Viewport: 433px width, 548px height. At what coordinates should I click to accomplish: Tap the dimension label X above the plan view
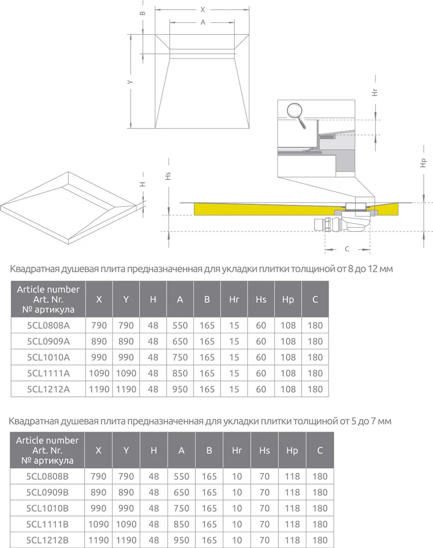click(x=203, y=9)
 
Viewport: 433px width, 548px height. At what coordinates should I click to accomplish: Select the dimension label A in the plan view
click(x=203, y=22)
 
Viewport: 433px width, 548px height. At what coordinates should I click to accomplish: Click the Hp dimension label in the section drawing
click(x=422, y=163)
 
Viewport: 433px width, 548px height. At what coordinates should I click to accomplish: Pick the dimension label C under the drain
click(x=347, y=249)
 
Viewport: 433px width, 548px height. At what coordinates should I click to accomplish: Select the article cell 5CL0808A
click(x=48, y=325)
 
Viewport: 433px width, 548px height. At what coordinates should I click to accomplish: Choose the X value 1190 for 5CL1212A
click(x=99, y=389)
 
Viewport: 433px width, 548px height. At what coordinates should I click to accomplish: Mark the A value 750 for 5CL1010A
click(x=180, y=357)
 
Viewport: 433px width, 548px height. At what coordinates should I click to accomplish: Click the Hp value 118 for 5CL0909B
click(x=292, y=492)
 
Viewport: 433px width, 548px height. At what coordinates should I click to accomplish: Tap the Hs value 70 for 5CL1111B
click(x=265, y=524)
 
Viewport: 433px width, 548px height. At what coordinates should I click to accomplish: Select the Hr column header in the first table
click(x=234, y=299)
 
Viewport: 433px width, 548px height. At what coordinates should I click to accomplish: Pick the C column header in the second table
click(x=320, y=451)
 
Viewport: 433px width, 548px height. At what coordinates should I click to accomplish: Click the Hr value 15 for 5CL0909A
click(x=234, y=342)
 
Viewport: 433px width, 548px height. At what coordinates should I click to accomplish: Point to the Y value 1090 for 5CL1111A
click(x=126, y=373)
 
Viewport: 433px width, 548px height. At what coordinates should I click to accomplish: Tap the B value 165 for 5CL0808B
click(x=209, y=477)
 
